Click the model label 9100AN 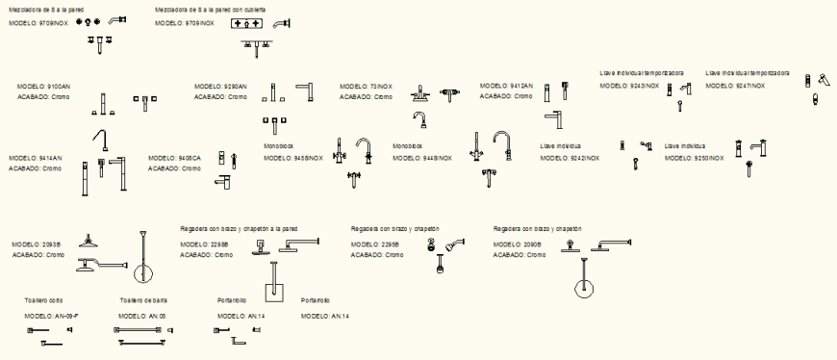coord(44,87)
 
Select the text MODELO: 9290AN coord(220,87)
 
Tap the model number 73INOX coord(367,86)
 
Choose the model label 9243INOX coord(630,86)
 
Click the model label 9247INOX coord(736,86)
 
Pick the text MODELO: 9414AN coord(36,158)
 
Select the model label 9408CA coord(175,158)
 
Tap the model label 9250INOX coord(694,157)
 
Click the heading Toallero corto coord(43,300)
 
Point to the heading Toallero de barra coord(143,300)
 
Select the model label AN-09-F coord(52,316)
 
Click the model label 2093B coord(37,244)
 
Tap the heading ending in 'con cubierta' coord(211,9)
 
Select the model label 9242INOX coord(571,158)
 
